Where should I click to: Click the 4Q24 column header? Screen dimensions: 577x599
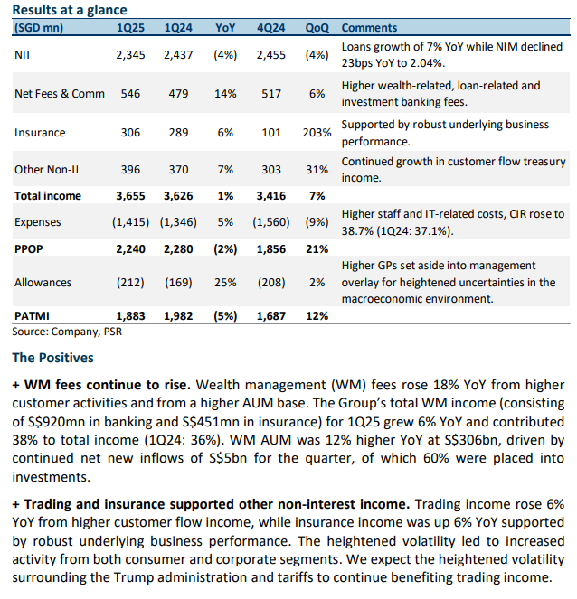270,28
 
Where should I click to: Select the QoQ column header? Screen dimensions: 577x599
317,28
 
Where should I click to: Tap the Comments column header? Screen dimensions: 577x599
369,28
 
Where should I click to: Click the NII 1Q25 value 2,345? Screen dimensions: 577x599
130,55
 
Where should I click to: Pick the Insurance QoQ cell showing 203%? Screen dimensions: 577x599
317,133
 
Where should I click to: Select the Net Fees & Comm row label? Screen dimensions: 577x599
60,94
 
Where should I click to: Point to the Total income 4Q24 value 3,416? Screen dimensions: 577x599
270,196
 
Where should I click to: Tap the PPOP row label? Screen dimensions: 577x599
29,249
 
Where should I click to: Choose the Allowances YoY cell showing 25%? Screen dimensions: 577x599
225,283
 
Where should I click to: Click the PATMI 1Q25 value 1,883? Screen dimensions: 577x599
130,316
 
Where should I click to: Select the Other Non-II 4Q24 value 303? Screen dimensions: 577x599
271,170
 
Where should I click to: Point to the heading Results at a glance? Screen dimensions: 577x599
70,10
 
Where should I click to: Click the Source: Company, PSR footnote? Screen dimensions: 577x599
67,332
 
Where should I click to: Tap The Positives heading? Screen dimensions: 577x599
52,358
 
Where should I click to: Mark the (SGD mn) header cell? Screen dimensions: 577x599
39,28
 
